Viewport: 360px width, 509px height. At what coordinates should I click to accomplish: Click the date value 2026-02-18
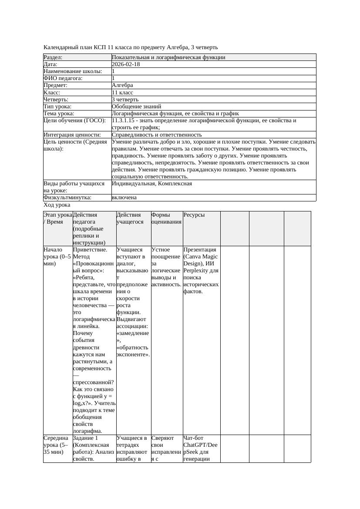[126, 64]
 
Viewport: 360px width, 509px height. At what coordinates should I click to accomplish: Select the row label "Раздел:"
[53, 57]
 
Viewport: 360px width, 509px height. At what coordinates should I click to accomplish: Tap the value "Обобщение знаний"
[136, 106]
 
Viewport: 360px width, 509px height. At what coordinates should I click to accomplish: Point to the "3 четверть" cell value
[125, 99]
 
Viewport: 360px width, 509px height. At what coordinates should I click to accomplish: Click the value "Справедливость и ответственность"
[157, 134]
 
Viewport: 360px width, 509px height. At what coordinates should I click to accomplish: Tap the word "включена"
[124, 198]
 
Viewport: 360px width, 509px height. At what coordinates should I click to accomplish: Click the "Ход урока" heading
[57, 204]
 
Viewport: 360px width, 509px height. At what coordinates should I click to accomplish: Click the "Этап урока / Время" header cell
[58, 218]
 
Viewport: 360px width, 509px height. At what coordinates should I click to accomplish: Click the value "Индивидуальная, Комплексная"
[152, 184]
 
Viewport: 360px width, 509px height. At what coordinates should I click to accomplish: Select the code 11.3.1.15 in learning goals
[124, 121]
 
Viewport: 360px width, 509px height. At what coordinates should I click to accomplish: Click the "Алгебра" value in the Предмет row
[122, 85]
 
